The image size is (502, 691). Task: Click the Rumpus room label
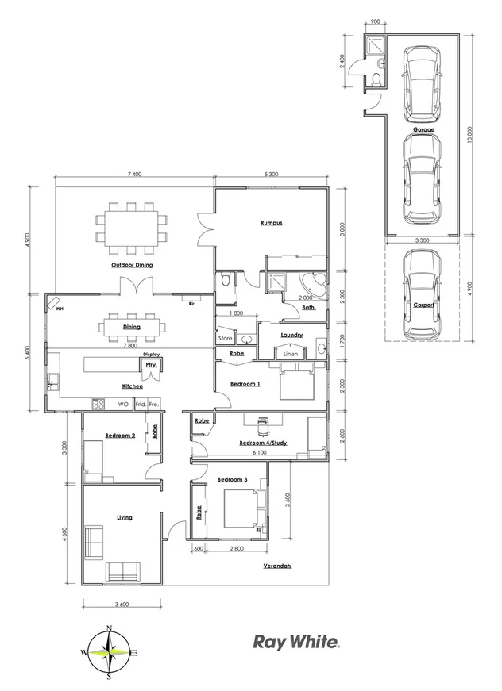pyautogui.click(x=271, y=223)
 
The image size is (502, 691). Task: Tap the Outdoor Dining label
pyautogui.click(x=132, y=264)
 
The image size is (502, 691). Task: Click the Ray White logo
pyautogui.click(x=296, y=641)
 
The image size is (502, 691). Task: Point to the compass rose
pyautogui.click(x=109, y=652)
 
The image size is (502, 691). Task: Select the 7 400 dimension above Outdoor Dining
pyautogui.click(x=133, y=173)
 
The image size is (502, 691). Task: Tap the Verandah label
pyautogui.click(x=277, y=566)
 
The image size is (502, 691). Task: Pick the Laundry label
pyautogui.click(x=292, y=335)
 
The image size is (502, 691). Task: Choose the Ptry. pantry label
pyautogui.click(x=150, y=365)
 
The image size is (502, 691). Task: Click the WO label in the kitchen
pyautogui.click(x=123, y=404)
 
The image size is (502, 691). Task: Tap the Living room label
pyautogui.click(x=124, y=517)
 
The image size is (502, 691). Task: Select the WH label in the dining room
pyautogui.click(x=60, y=309)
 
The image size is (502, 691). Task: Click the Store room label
pyautogui.click(x=226, y=339)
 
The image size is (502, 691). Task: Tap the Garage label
pyautogui.click(x=423, y=129)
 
